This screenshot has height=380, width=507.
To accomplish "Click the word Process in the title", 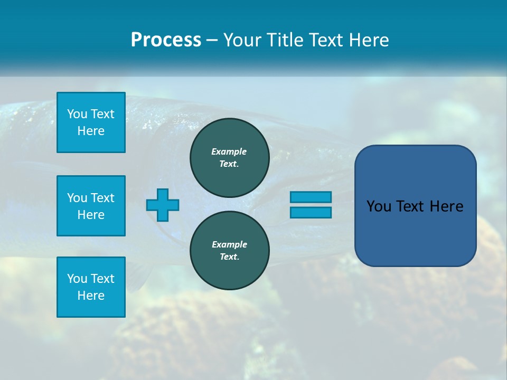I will [166, 40].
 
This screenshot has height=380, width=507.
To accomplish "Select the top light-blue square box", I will [91, 122].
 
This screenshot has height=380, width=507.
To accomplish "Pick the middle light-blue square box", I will [91, 206].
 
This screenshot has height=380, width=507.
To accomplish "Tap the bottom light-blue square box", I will [91, 287].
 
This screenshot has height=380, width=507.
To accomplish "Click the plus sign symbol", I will [163, 205].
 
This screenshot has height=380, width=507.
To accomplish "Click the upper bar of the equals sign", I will [311, 197].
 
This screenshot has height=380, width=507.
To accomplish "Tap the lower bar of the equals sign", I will [311, 212].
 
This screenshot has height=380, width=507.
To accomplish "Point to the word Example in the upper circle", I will [229, 151].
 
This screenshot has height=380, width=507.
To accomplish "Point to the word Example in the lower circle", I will [229, 244].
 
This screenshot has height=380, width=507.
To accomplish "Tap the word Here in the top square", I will [91, 131].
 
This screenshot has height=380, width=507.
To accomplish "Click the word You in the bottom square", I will [77, 279].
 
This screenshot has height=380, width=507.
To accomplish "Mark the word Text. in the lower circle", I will [229, 257].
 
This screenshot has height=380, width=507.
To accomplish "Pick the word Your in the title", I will [242, 40].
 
